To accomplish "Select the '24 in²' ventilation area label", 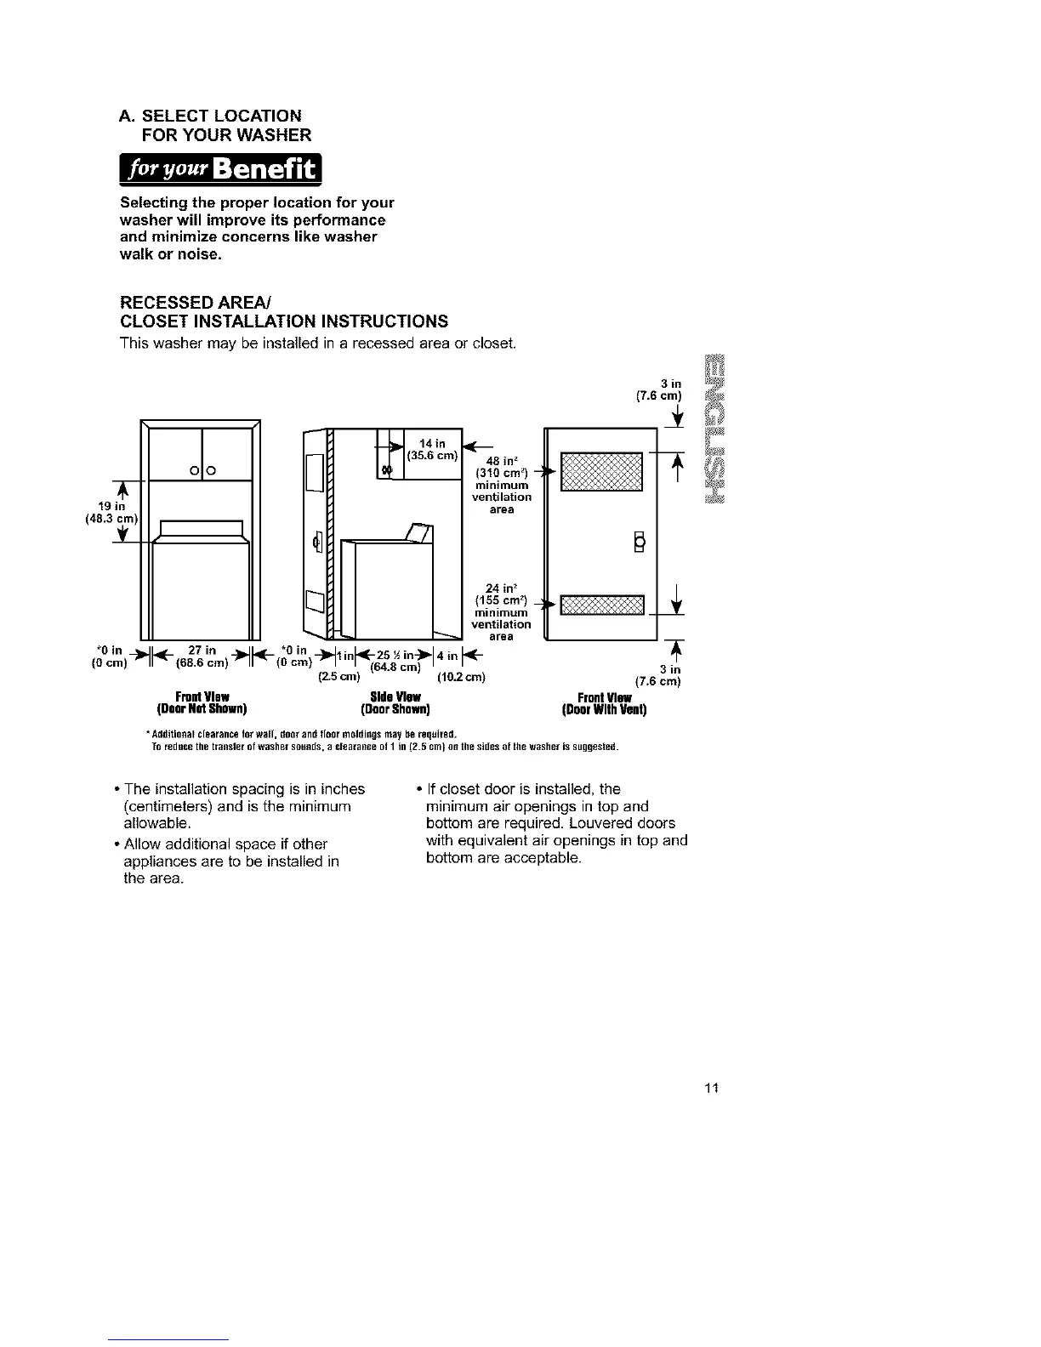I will click(x=502, y=588).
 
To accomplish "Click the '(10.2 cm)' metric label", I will click(x=461, y=678).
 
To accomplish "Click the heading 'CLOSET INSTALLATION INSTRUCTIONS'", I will click(x=285, y=321).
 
